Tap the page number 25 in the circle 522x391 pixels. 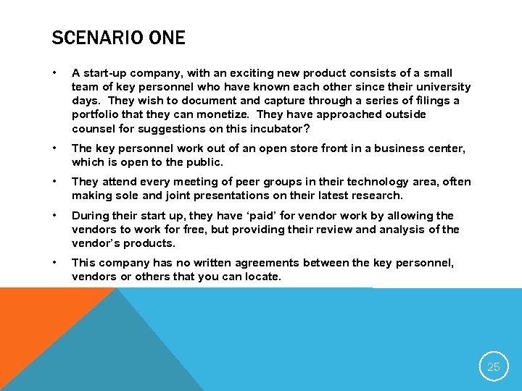tap(493, 367)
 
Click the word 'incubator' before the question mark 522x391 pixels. tap(273, 128)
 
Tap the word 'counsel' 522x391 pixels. tap(94, 128)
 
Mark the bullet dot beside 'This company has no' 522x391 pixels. tap(55, 263)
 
